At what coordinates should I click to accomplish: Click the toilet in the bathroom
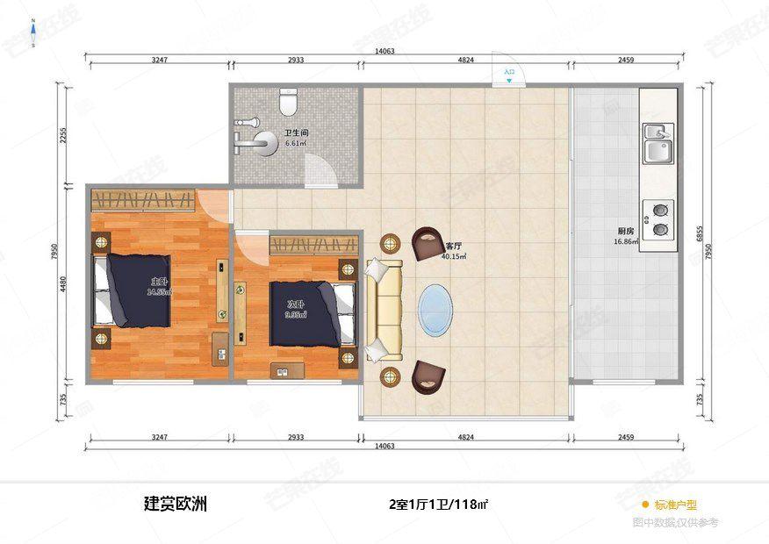287,104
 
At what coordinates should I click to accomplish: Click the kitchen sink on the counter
657,145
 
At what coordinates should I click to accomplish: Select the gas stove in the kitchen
658,220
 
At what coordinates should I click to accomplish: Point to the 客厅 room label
453,247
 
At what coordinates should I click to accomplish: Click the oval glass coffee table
437,310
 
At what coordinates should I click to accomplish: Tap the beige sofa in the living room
383,310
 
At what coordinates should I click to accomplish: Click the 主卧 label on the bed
158,282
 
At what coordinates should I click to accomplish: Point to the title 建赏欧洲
176,505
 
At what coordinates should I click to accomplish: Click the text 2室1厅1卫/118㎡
438,505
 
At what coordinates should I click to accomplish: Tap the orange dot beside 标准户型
644,505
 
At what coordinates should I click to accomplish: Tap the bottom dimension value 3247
159,436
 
